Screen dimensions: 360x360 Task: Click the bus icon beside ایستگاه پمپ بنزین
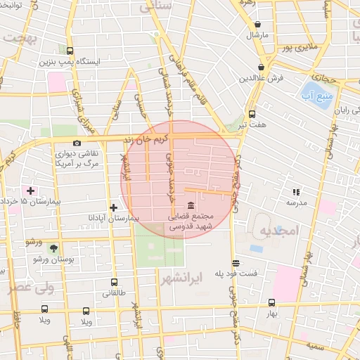pyautogui.click(x=70, y=51)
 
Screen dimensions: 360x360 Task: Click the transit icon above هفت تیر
pyautogui.click(x=252, y=114)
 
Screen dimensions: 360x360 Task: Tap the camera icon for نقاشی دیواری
pyautogui.click(x=77, y=143)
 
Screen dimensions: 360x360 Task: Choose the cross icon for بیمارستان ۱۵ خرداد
pyautogui.click(x=30, y=191)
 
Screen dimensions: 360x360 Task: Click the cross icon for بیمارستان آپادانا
pyautogui.click(x=114, y=207)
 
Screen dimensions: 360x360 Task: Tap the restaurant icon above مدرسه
pyautogui.click(x=296, y=191)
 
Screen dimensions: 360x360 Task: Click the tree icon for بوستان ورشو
pyautogui.click(x=53, y=248)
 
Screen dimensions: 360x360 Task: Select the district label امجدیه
pyautogui.click(x=279, y=231)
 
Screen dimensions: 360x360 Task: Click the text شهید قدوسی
pyautogui.click(x=183, y=228)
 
